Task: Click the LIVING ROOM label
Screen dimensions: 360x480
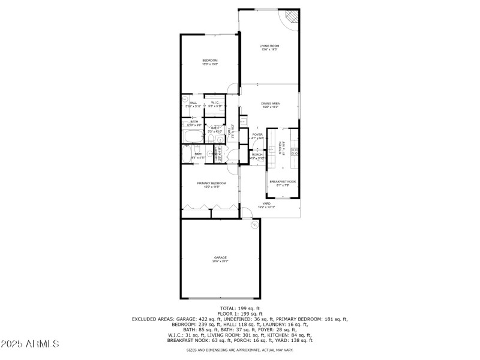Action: click(269, 47)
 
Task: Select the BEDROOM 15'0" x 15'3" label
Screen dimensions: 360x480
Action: click(209, 62)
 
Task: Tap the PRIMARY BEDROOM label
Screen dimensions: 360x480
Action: click(212, 184)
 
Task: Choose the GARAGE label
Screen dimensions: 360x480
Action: click(221, 259)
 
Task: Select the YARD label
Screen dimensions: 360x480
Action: click(265, 205)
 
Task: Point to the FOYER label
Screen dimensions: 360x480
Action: click(257, 136)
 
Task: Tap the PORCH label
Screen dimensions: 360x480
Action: click(257, 156)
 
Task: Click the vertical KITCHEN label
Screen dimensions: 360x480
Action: click(280, 148)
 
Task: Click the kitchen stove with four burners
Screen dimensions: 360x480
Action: click(294, 152)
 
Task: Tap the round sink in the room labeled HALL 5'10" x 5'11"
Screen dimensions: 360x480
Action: click(186, 100)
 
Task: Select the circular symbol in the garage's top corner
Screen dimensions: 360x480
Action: click(254, 224)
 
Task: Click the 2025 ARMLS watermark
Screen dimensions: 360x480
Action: click(29, 344)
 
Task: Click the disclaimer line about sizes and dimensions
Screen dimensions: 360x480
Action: click(240, 350)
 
